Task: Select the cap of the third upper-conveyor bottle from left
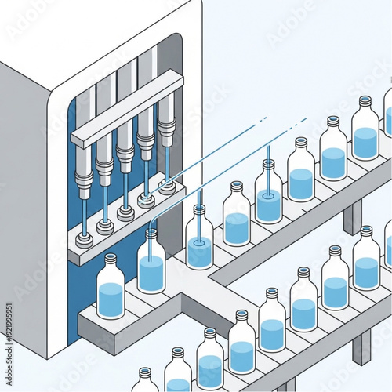(x=199, y=209)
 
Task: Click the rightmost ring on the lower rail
(x=166, y=187)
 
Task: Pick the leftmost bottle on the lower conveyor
(x=145, y=380)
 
